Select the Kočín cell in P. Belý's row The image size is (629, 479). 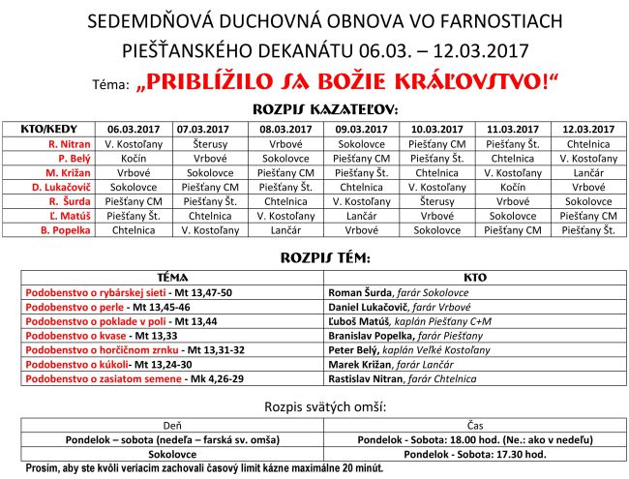click(133, 158)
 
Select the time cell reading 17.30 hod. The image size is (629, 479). click(474, 453)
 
